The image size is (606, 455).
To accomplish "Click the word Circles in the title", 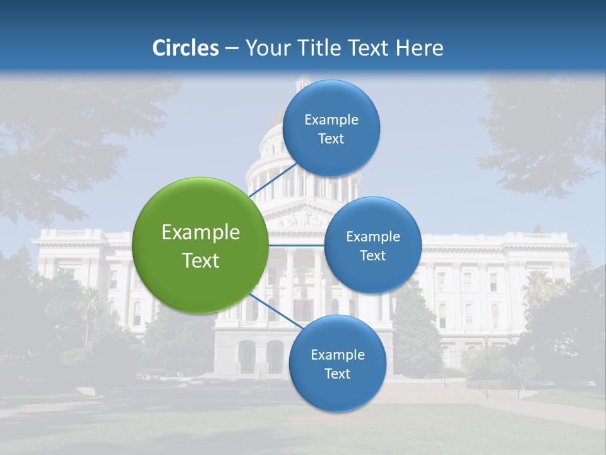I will pos(186,47).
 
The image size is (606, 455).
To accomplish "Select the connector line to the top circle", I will pos(273,180).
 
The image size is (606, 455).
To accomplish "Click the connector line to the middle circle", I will pos(296,245).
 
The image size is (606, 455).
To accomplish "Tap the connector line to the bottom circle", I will pos(270,310).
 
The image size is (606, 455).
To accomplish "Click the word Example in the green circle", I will pos(200,233).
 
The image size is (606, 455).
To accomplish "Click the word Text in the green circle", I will pos(200,260).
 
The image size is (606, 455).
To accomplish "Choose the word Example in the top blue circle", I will pos(331,120).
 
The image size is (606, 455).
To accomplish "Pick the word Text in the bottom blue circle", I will pos(337,373).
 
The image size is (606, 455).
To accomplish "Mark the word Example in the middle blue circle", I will pos(372,237).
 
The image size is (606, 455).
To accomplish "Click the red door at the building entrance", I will pos(303,310).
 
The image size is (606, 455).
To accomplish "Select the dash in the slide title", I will pos(232,49).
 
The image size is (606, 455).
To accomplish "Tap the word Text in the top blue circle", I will pos(331,139).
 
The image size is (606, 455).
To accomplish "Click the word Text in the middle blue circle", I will pos(372,256).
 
